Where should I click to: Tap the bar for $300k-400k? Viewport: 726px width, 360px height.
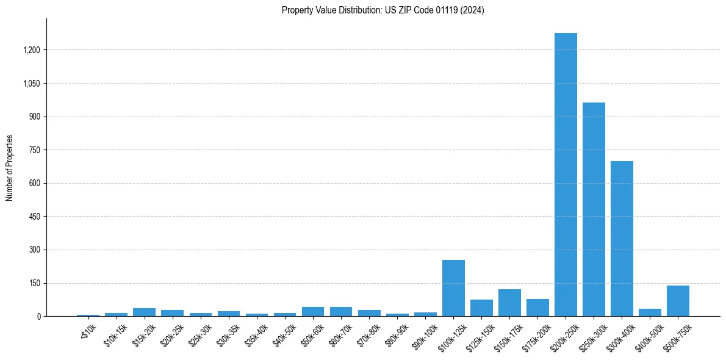coord(622,239)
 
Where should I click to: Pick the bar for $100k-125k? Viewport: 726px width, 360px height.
coord(453,288)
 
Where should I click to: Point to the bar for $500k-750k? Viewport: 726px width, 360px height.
coord(678,301)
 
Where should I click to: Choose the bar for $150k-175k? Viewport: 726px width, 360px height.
coord(509,303)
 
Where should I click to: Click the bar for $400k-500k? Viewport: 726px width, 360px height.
coord(650,312)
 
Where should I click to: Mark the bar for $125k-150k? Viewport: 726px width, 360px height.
coord(481,308)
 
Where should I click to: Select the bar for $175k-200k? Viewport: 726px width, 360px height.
coord(537,308)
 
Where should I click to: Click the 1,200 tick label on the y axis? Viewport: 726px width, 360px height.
coord(32,50)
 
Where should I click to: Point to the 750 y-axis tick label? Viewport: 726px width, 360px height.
coord(35,150)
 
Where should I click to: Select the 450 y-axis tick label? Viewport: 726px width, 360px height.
coord(35,217)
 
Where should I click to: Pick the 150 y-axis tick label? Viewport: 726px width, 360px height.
coord(35,283)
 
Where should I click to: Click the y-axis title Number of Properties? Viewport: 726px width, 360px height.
coord(10,168)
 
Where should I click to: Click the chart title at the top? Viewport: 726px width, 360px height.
coord(383,10)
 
